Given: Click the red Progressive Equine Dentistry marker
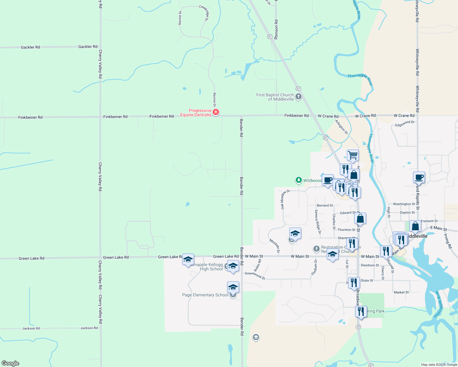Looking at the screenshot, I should click(216, 112).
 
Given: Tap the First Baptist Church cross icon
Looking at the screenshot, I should click(298, 97).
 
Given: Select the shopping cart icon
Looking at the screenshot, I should click(353, 155).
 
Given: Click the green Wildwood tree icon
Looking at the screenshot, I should click(298, 180).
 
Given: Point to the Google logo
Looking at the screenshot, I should click(10, 363).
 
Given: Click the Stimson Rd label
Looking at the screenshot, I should click(276, 30).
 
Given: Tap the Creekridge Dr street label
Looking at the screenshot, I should click(204, 13).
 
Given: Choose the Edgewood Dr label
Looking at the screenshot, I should click(405, 124).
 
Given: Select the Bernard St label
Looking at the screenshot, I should click(325, 206).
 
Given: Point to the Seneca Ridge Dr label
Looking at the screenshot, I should click(318, 222).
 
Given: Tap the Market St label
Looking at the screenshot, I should click(401, 292).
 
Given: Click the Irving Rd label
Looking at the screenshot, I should click(448, 241).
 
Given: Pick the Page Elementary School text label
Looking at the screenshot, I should click(205, 295).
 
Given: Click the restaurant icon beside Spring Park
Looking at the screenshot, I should click(361, 312).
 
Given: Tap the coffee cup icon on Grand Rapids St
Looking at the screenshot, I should click(419, 177).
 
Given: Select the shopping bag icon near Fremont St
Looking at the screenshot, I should click(415, 226).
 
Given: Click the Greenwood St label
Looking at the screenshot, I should click(255, 275).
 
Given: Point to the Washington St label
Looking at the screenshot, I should click(404, 204).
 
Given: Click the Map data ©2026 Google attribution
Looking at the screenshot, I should click(439, 365).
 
